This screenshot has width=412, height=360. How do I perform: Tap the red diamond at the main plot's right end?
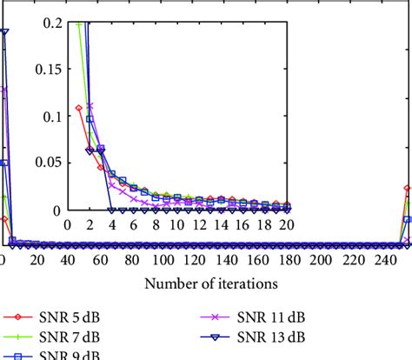pyautogui.click(x=407, y=188)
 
